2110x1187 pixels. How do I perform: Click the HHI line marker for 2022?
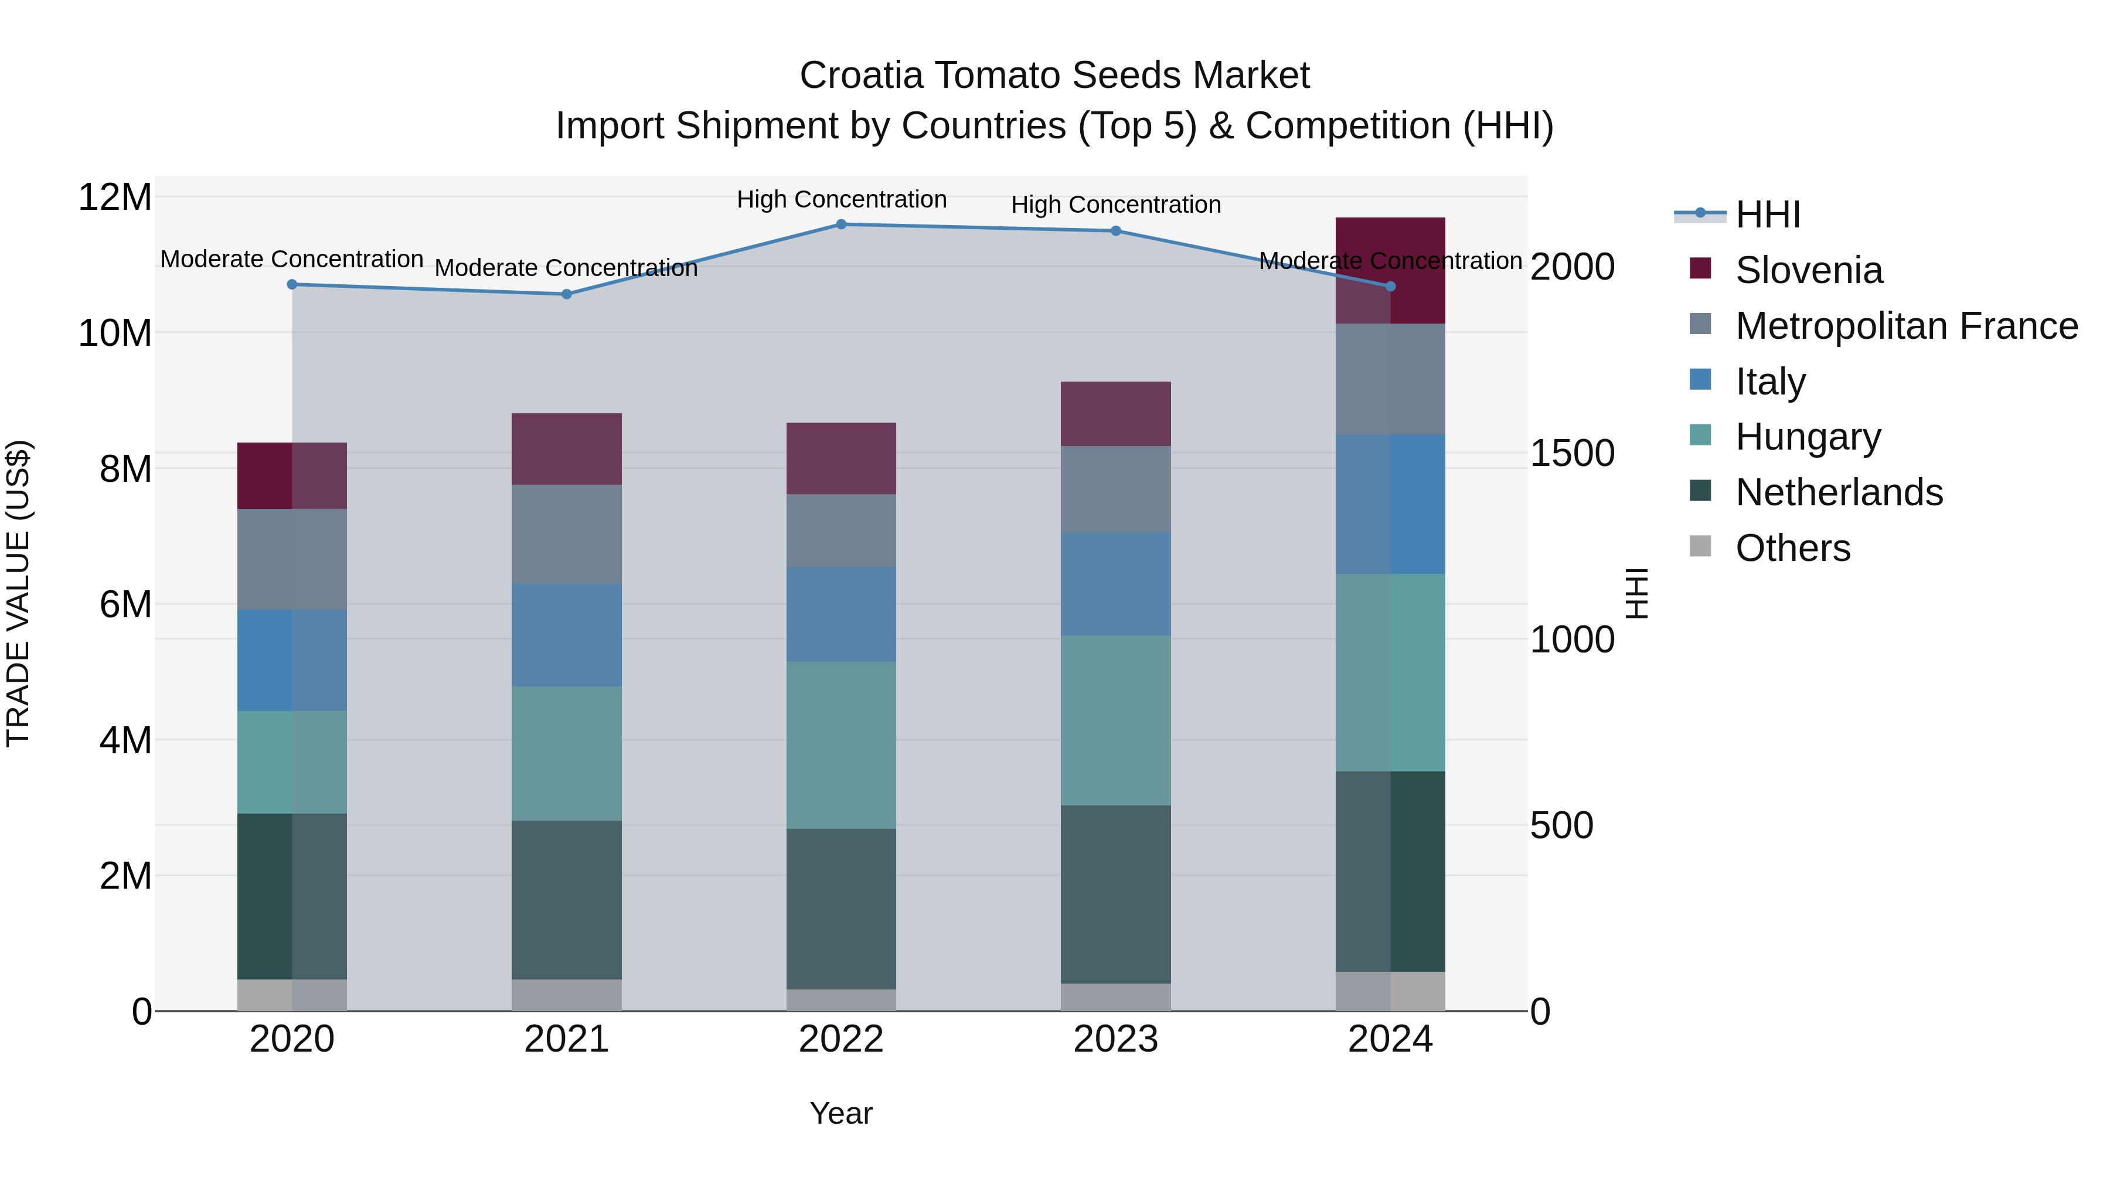coord(841,225)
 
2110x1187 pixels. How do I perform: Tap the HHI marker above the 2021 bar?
coord(567,294)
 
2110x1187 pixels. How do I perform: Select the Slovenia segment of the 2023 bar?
coord(1115,414)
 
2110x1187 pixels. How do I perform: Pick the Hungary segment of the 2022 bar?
coord(841,746)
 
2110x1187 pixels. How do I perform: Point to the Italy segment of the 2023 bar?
coord(1115,584)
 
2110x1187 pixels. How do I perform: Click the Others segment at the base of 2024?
coord(1390,991)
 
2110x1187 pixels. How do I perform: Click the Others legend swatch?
coord(1700,546)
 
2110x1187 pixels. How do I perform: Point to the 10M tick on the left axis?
coord(115,334)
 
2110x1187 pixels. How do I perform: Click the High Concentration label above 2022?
coord(841,199)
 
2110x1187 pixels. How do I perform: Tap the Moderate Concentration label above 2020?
coord(292,259)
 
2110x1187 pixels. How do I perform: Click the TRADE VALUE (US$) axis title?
coord(18,593)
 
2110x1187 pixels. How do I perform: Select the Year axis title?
coord(841,1114)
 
